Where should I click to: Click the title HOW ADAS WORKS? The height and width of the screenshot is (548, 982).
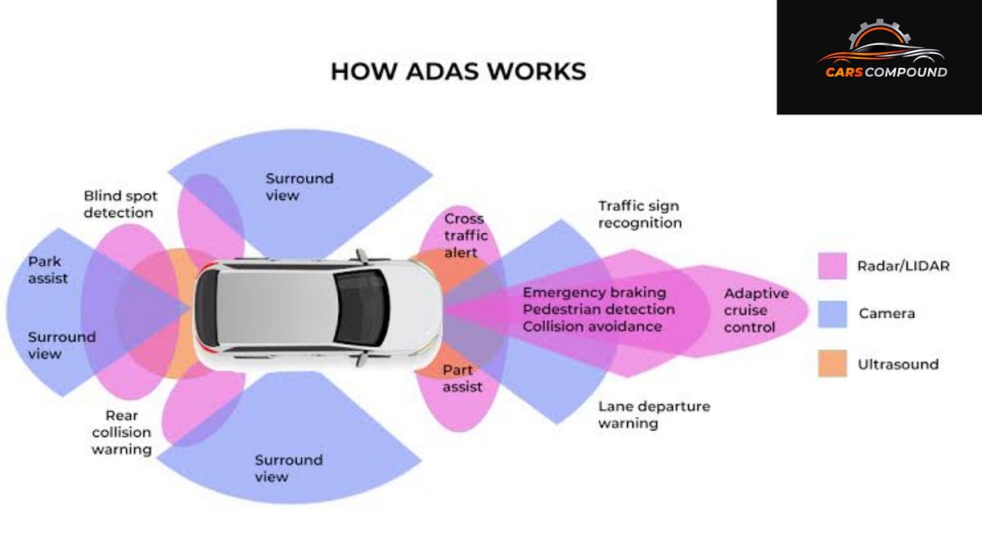pyautogui.click(x=458, y=71)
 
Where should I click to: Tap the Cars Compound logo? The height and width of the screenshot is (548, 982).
pyautogui.click(x=881, y=57)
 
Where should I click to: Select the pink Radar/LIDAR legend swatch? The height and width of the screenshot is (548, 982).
pyautogui.click(x=831, y=266)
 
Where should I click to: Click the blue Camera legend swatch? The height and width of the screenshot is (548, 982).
pyautogui.click(x=831, y=314)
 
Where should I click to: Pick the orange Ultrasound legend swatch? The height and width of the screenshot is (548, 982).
pyautogui.click(x=831, y=363)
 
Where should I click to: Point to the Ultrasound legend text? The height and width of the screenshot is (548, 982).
pyautogui.click(x=898, y=364)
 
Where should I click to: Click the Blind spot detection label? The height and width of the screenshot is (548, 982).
pyautogui.click(x=119, y=204)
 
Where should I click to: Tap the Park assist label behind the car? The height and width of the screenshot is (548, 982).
pyautogui.click(x=47, y=270)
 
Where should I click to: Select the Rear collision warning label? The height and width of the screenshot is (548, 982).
pyautogui.click(x=121, y=432)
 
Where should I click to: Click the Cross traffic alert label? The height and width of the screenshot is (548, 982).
pyautogui.click(x=464, y=236)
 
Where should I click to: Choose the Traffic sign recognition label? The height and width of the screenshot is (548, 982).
pyautogui.click(x=639, y=214)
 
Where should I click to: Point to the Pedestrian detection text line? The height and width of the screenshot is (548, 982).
pyautogui.click(x=598, y=310)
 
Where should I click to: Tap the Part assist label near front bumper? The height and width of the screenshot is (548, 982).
pyautogui.click(x=462, y=378)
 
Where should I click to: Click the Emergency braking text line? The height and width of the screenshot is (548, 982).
pyautogui.click(x=594, y=293)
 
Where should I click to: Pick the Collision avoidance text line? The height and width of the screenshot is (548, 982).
pyautogui.click(x=592, y=326)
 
